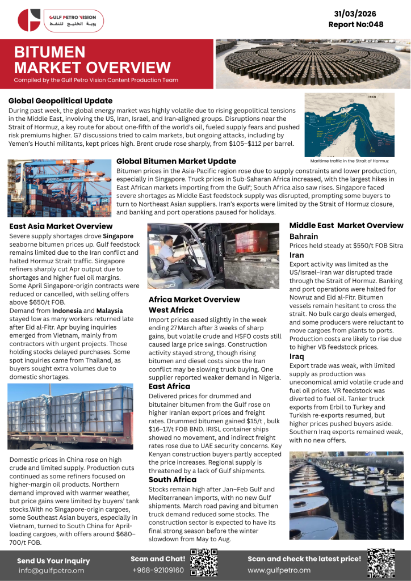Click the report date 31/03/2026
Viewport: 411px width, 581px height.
point(355,13)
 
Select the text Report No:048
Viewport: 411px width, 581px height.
point(355,24)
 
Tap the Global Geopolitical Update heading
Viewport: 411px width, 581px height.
point(60,101)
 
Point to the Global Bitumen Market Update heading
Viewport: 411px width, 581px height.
point(176,161)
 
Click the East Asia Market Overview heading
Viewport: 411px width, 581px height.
point(61,226)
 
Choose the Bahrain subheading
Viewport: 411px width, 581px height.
point(304,236)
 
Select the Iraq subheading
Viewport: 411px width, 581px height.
point(297,356)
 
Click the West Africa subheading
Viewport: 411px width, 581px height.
point(171,310)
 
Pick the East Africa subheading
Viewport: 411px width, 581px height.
point(170,386)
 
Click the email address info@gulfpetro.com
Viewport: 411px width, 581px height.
point(51,570)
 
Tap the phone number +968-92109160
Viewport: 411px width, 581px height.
point(157,570)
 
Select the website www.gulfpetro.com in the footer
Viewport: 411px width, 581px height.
point(279,570)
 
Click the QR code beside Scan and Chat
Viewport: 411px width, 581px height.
point(203,563)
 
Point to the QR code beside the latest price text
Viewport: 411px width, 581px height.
point(381,562)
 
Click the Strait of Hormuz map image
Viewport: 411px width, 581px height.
point(357,124)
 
